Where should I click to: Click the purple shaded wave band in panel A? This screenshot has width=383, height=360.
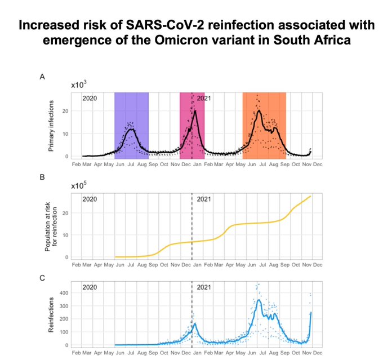point(131,113)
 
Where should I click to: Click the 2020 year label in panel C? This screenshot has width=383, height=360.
point(90,287)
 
